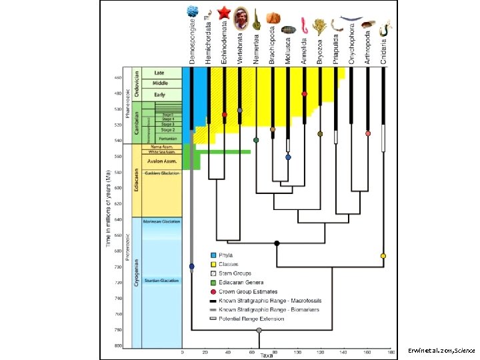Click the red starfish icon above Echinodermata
pyautogui.click(x=224, y=12)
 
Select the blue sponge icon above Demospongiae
pyautogui.click(x=193, y=11)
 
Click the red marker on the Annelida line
pyautogui.click(x=305, y=94)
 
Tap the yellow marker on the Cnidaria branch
pyautogui.click(x=383, y=256)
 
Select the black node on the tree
pyautogui.click(x=277, y=243)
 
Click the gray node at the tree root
pyautogui.click(x=259, y=330)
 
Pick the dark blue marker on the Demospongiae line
pyautogui.click(x=192, y=267)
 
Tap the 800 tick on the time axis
pyautogui.click(x=117, y=345)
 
